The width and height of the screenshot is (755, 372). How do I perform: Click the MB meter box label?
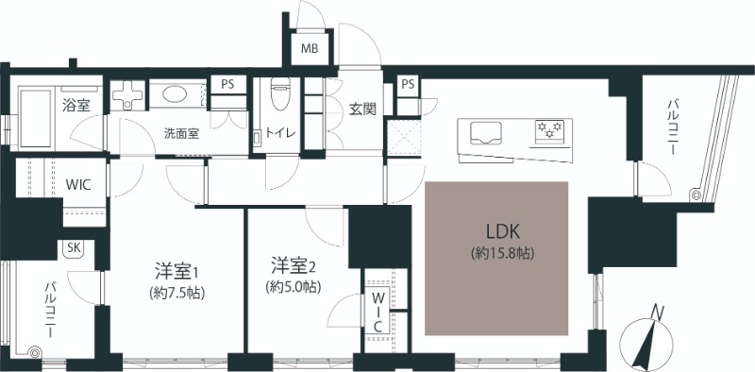pyautogui.click(x=310, y=49)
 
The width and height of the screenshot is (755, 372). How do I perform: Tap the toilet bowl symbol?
pyautogui.click(x=280, y=95)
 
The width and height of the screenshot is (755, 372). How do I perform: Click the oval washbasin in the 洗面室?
pyautogui.click(x=175, y=93)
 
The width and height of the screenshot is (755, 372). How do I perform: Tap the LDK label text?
pyautogui.click(x=503, y=232)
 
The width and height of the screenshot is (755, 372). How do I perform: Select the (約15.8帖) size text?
pyautogui.click(x=503, y=253)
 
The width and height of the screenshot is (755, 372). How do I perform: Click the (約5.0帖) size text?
pyautogui.click(x=294, y=287)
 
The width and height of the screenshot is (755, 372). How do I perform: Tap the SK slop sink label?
pyautogui.click(x=74, y=248)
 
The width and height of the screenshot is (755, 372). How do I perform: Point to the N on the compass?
pyautogui.click(x=656, y=313)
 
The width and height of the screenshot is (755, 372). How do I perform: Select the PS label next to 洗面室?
pyautogui.click(x=227, y=84)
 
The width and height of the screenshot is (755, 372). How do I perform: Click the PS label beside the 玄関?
pyautogui.click(x=408, y=84)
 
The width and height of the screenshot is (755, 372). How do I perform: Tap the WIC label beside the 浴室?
pyautogui.click(x=78, y=185)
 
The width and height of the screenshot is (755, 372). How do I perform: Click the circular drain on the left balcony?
pyautogui.click(x=34, y=353)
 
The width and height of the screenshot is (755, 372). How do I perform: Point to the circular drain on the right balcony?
pyautogui.click(x=695, y=194)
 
